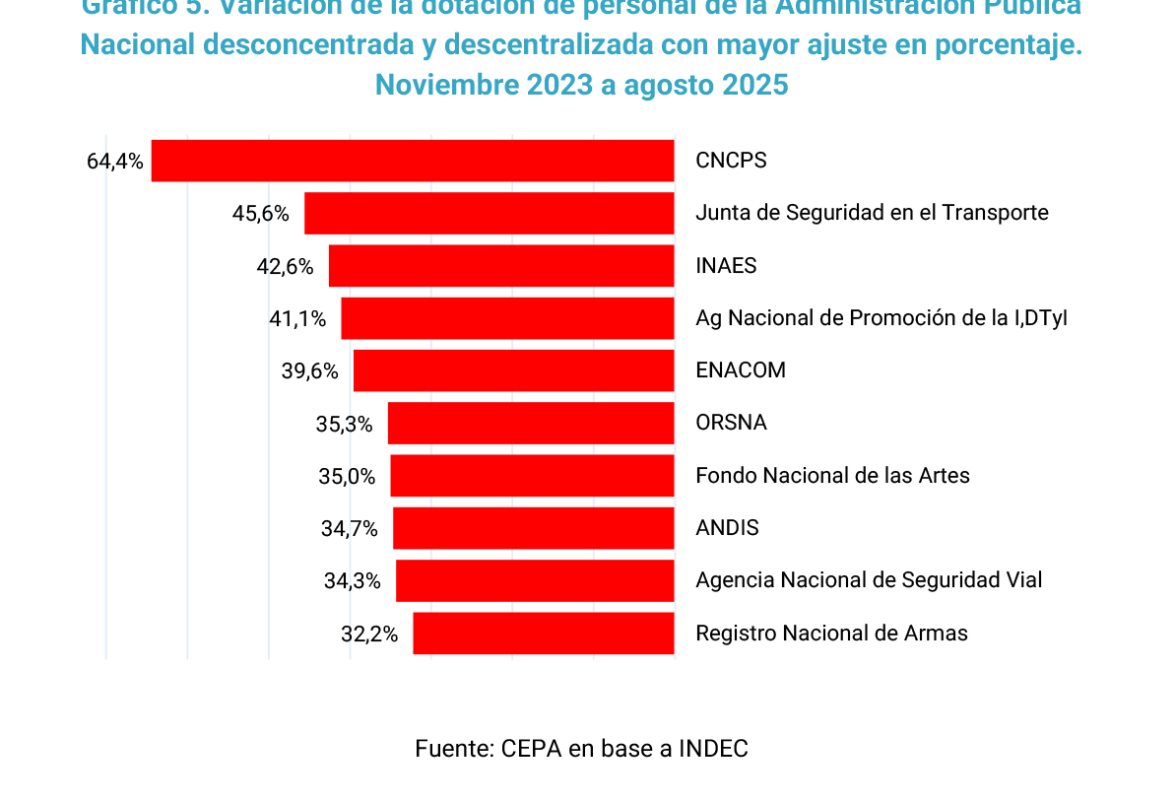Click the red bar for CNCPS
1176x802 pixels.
coord(413,161)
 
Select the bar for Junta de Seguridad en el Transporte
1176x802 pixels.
coord(490,213)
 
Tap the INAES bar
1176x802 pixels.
coord(501,266)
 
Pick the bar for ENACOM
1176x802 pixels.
coord(514,370)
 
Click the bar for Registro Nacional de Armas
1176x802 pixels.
coord(544,633)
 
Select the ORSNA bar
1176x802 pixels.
coord(531,423)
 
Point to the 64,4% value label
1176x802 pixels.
coord(115,161)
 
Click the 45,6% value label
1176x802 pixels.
coord(261,213)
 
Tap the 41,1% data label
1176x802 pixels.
coord(297,318)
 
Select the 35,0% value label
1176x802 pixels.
coord(347,476)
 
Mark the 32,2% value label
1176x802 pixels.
coord(369,634)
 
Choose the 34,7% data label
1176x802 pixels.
coord(350,528)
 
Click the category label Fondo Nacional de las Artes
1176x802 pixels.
coord(832,476)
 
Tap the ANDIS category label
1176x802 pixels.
coord(727,528)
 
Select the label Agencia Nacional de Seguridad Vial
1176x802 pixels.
coord(869,580)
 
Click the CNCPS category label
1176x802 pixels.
coord(731,161)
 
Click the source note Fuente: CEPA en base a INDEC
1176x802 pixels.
coord(581,749)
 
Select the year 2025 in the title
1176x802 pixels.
coord(755,85)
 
